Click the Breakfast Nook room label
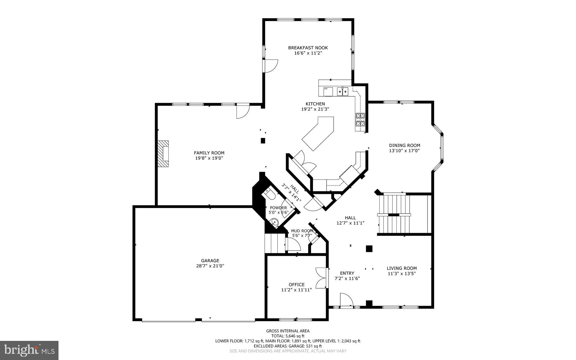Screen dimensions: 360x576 tap(308, 48)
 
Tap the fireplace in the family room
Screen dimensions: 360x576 tap(163, 154)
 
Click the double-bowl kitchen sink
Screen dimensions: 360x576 tap(343, 91)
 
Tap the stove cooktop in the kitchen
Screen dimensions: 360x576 tap(360, 120)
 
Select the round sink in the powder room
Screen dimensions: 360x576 tap(275, 222)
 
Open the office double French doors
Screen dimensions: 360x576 tap(321, 278)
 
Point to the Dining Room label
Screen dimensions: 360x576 tap(404, 146)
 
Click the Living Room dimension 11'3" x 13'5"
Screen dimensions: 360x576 tap(402, 273)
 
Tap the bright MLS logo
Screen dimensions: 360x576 tap(29, 350)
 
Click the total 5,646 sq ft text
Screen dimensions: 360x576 tap(288, 336)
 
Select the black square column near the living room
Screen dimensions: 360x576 tap(369, 249)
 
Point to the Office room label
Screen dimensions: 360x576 tap(296, 285)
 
